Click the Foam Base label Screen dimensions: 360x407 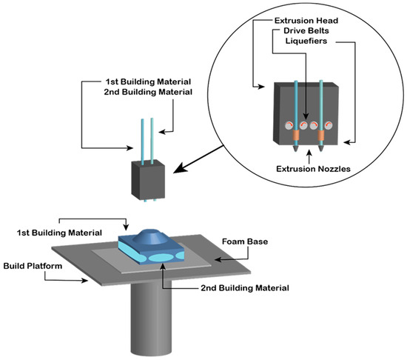tap(243, 241)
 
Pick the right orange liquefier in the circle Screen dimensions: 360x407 tap(322, 136)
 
